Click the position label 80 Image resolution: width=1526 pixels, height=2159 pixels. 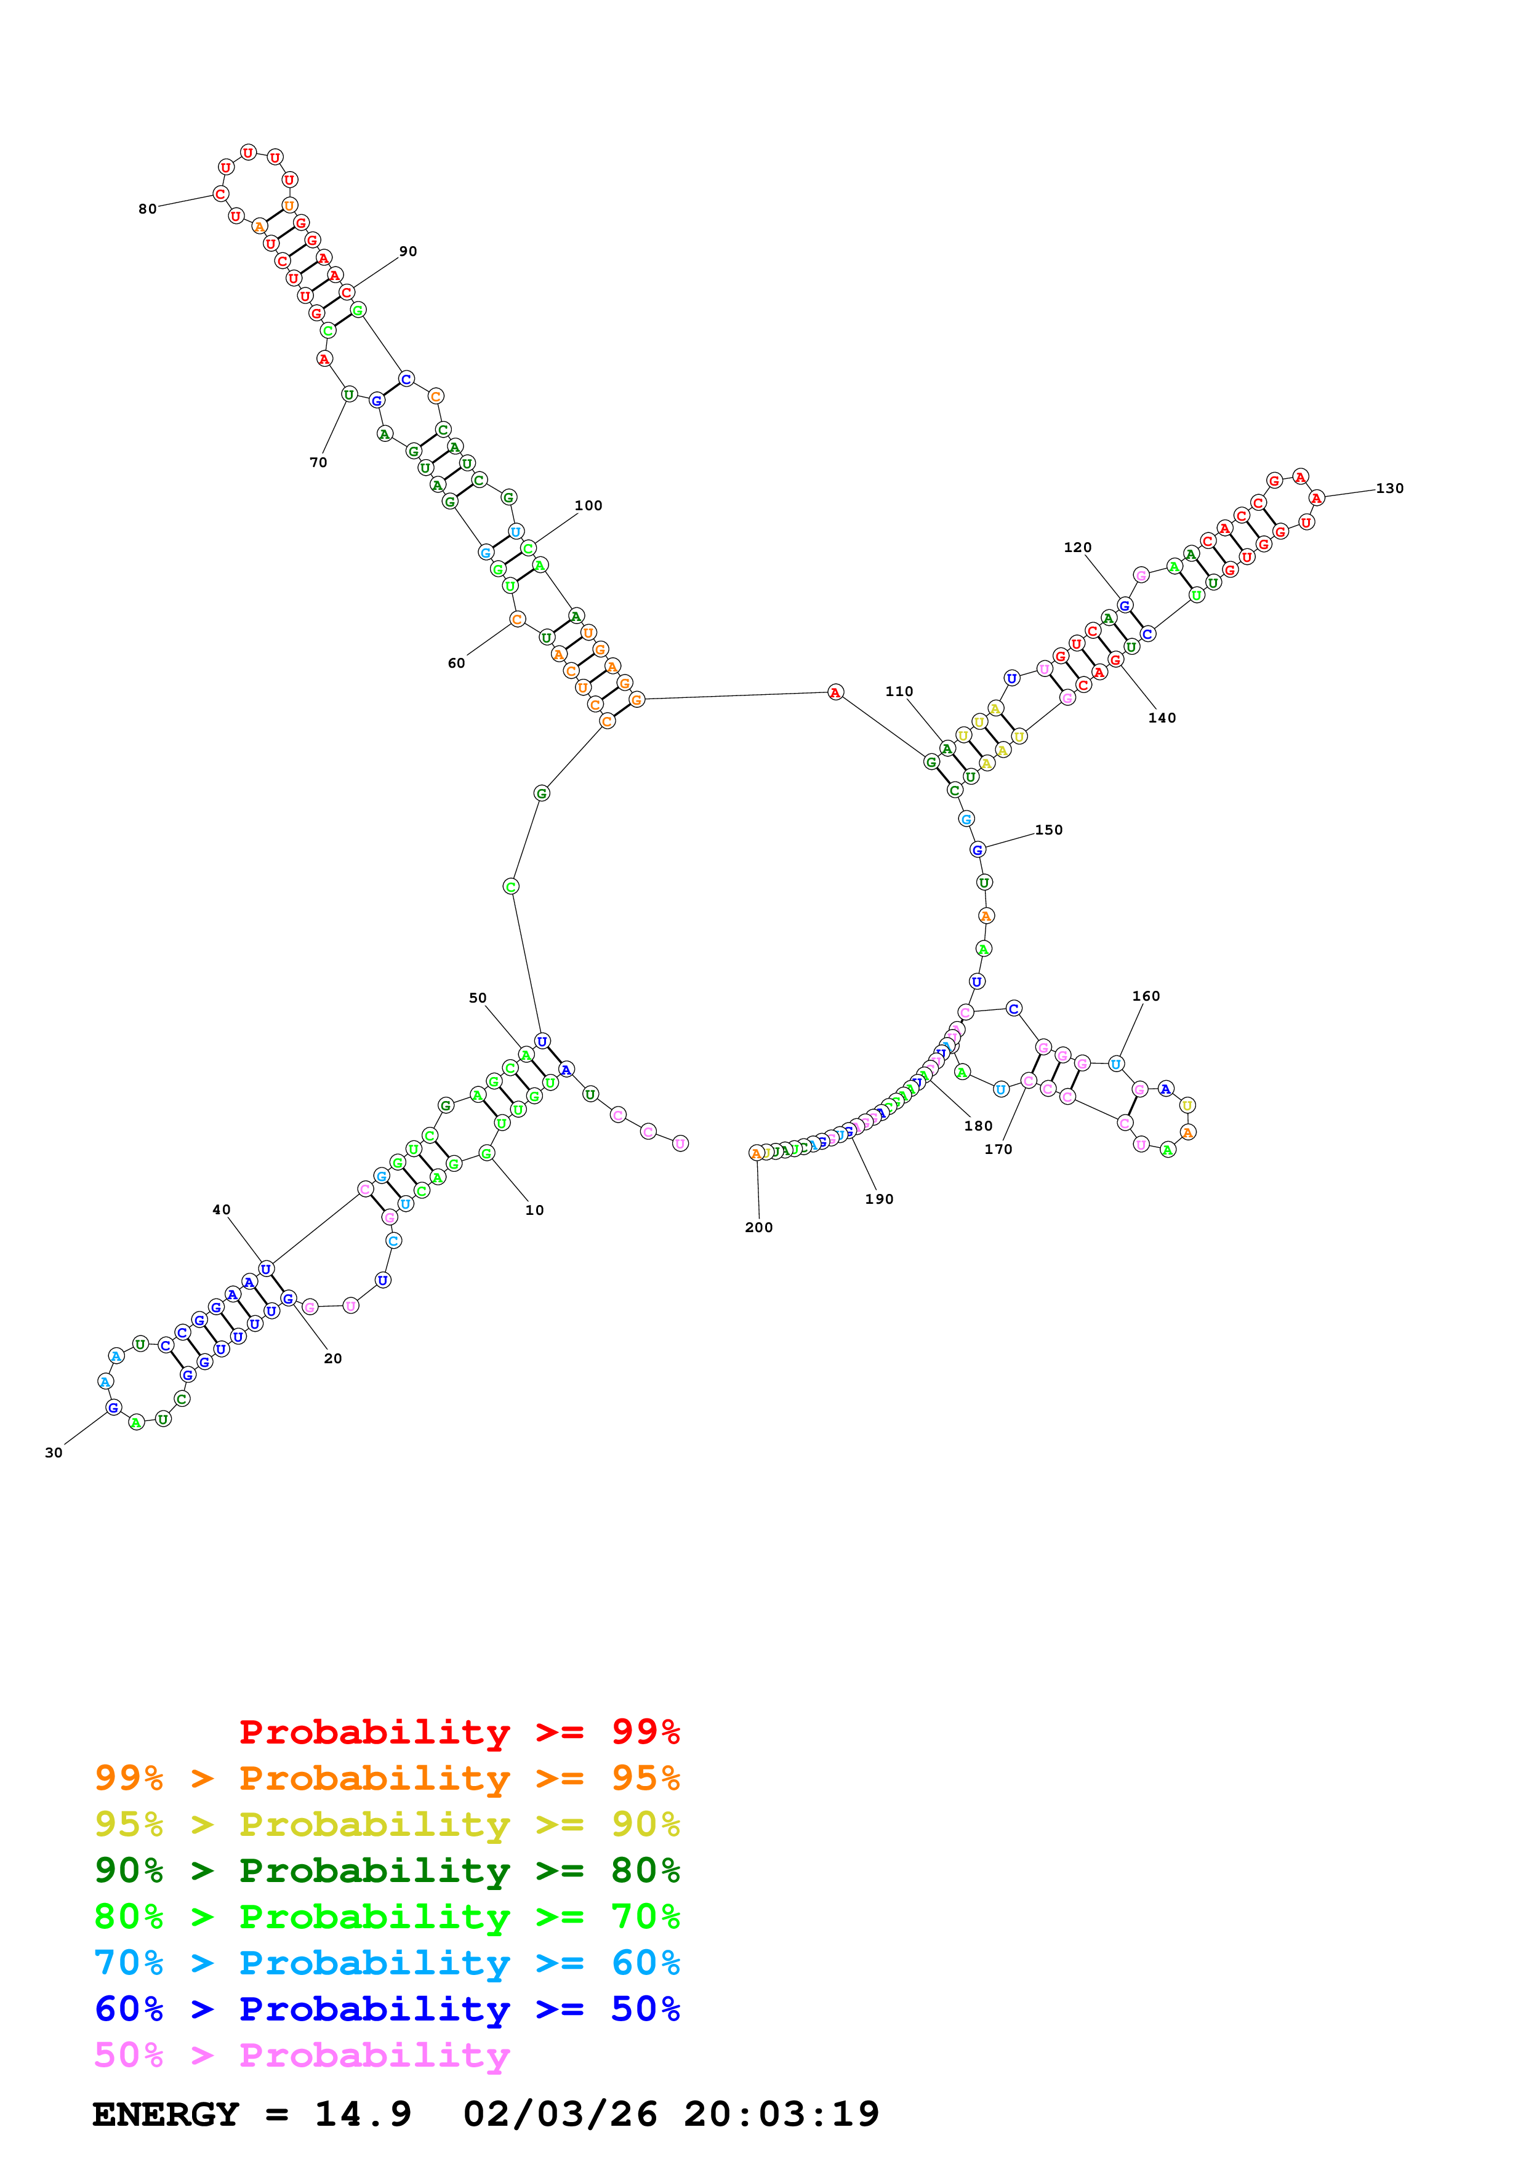pos(148,209)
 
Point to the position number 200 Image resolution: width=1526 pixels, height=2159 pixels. pos(759,1227)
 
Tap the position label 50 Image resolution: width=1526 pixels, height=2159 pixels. pos(478,998)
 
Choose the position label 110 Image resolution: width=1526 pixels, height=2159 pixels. pos(899,691)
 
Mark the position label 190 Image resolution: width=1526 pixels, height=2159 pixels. pos(879,1199)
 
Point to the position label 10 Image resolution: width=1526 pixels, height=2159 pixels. pos(534,1210)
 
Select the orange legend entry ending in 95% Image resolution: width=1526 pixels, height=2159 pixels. pos(387,1777)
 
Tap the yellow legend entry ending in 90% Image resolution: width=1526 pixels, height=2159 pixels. pos(387,1824)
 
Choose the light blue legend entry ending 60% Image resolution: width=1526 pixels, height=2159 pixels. pos(387,1963)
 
